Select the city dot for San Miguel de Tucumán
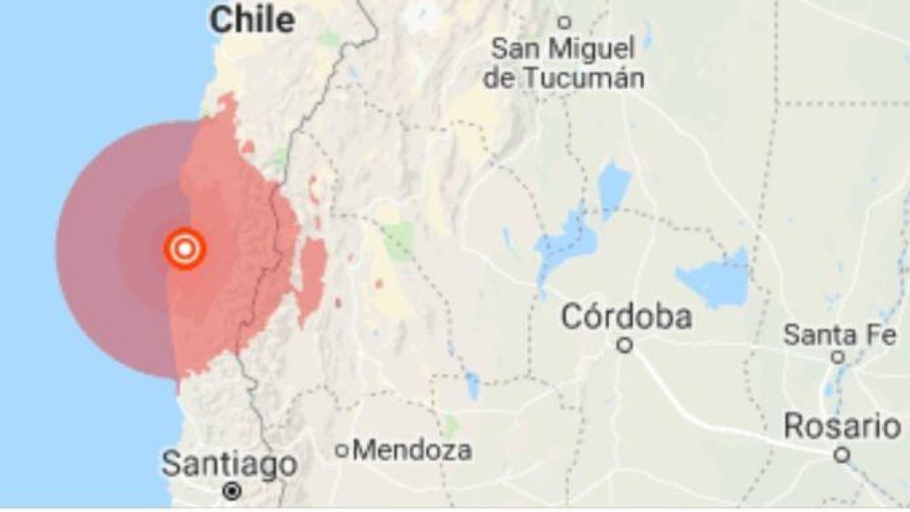coord(564,23)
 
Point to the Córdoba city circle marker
coord(625,345)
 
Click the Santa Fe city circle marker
coord(838,357)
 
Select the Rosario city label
coord(842,426)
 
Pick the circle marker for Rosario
coord(841,455)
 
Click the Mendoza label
coord(413,451)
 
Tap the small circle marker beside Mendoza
coord(343,451)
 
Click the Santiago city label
coord(229,463)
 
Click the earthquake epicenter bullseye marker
coord(185,248)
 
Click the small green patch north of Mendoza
coord(452,426)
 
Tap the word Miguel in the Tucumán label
coord(592,50)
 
